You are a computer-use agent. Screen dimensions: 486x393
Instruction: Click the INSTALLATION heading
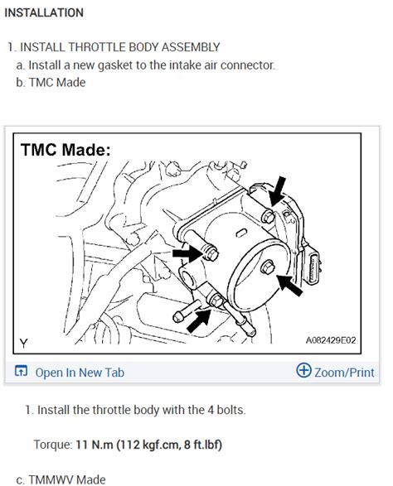pos(44,12)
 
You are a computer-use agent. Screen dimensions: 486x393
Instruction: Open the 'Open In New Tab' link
pos(80,373)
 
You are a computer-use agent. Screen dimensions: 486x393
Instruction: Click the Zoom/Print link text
pos(344,373)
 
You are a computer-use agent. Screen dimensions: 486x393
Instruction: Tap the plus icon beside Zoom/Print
pos(303,372)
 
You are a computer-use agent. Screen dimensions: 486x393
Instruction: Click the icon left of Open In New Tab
pos(22,373)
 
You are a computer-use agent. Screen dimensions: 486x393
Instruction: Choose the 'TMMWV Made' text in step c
pos(67,479)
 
